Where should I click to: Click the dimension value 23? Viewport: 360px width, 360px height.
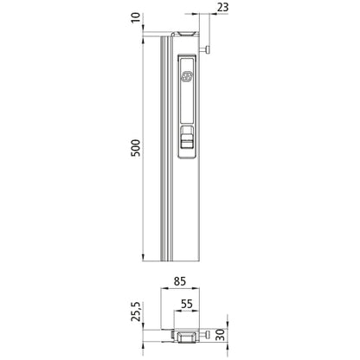199,10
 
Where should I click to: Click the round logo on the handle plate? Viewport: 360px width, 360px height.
186,76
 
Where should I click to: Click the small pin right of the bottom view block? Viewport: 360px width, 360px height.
208,333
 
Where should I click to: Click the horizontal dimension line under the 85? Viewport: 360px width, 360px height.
182,289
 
